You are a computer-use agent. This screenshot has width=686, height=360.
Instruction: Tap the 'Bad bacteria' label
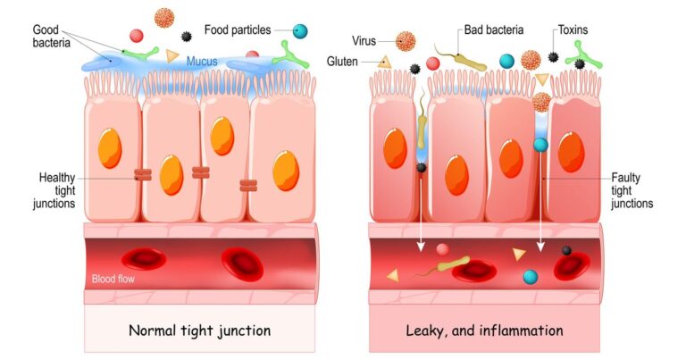coord(494,30)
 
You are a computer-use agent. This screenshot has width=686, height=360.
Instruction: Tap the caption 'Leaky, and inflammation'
coord(485,331)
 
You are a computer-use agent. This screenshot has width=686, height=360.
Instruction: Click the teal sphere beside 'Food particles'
coord(300,31)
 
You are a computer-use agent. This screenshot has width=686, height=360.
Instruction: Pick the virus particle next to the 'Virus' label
coord(406,40)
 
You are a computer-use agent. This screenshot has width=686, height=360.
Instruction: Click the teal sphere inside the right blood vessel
coord(531,277)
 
